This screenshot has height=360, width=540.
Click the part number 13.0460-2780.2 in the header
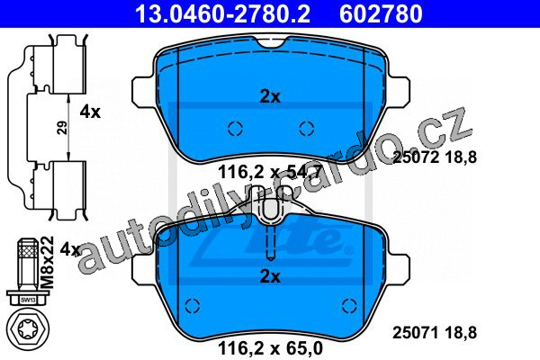point(223,13)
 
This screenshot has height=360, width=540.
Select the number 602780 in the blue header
point(381,13)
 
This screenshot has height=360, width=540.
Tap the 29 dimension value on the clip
point(62,128)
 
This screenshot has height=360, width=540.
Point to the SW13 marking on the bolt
point(26,300)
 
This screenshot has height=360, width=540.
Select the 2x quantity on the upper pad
point(270,97)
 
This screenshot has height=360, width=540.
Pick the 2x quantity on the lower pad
point(270,276)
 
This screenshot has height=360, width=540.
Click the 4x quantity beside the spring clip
point(90,112)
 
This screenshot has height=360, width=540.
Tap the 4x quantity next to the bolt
point(70,248)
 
